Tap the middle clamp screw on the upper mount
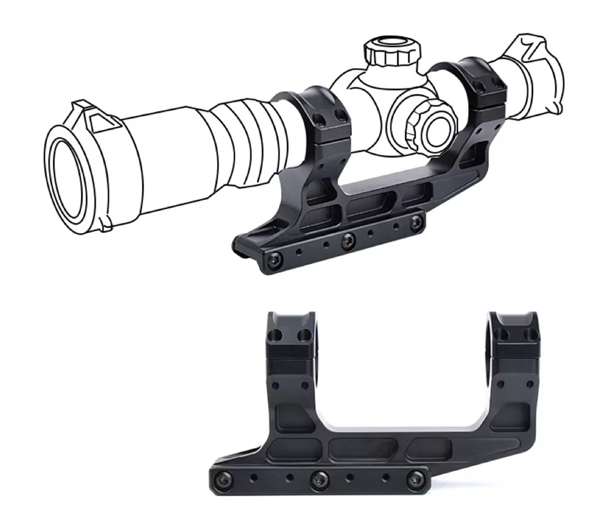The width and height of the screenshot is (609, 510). pos(346,241)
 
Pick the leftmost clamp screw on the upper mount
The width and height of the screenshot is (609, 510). pos(272,261)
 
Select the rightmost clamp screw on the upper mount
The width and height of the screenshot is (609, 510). pos(416,222)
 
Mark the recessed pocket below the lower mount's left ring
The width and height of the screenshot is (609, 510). pos(292,418)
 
